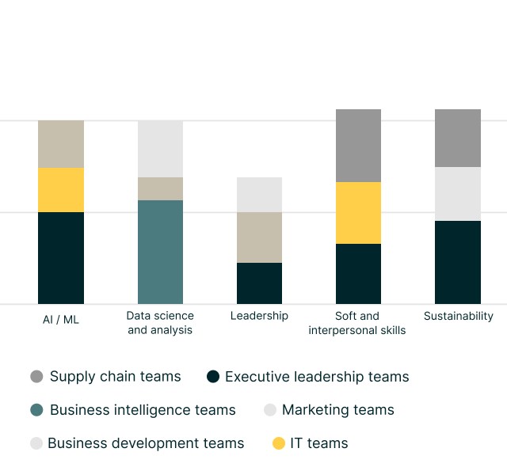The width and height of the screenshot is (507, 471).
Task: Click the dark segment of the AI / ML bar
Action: coord(61,257)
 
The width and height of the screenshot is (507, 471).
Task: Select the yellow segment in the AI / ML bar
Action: coord(61,190)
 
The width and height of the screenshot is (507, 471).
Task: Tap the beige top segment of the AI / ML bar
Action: coord(61,144)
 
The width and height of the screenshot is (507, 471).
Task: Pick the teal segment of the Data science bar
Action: coord(160,252)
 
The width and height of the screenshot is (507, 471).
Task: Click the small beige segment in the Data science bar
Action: coord(160,188)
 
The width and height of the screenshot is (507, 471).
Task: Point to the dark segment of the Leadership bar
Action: coord(259,283)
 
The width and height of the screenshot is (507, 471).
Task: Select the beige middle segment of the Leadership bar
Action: coord(259,237)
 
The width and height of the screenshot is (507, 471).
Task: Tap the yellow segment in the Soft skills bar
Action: coord(358,213)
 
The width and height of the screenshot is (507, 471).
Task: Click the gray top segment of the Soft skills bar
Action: coord(358,146)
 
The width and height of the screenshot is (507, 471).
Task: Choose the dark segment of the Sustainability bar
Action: coord(458,262)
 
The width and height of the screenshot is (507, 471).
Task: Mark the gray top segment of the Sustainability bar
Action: coord(458,138)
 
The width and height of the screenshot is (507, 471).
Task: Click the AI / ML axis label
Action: coord(61,320)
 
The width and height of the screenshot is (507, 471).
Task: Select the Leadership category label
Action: coord(259,316)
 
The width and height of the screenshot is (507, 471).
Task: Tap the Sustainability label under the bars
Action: coord(458,316)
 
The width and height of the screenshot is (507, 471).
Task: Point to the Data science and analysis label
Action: coord(160,323)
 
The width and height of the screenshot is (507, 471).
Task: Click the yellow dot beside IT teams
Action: coord(278,443)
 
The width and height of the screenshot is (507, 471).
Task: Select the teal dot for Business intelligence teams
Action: coord(36,410)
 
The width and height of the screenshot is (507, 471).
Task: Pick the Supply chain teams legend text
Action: coord(115,377)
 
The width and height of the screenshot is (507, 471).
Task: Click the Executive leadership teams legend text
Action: coord(317,377)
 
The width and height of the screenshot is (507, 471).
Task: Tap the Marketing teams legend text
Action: coord(337,410)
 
